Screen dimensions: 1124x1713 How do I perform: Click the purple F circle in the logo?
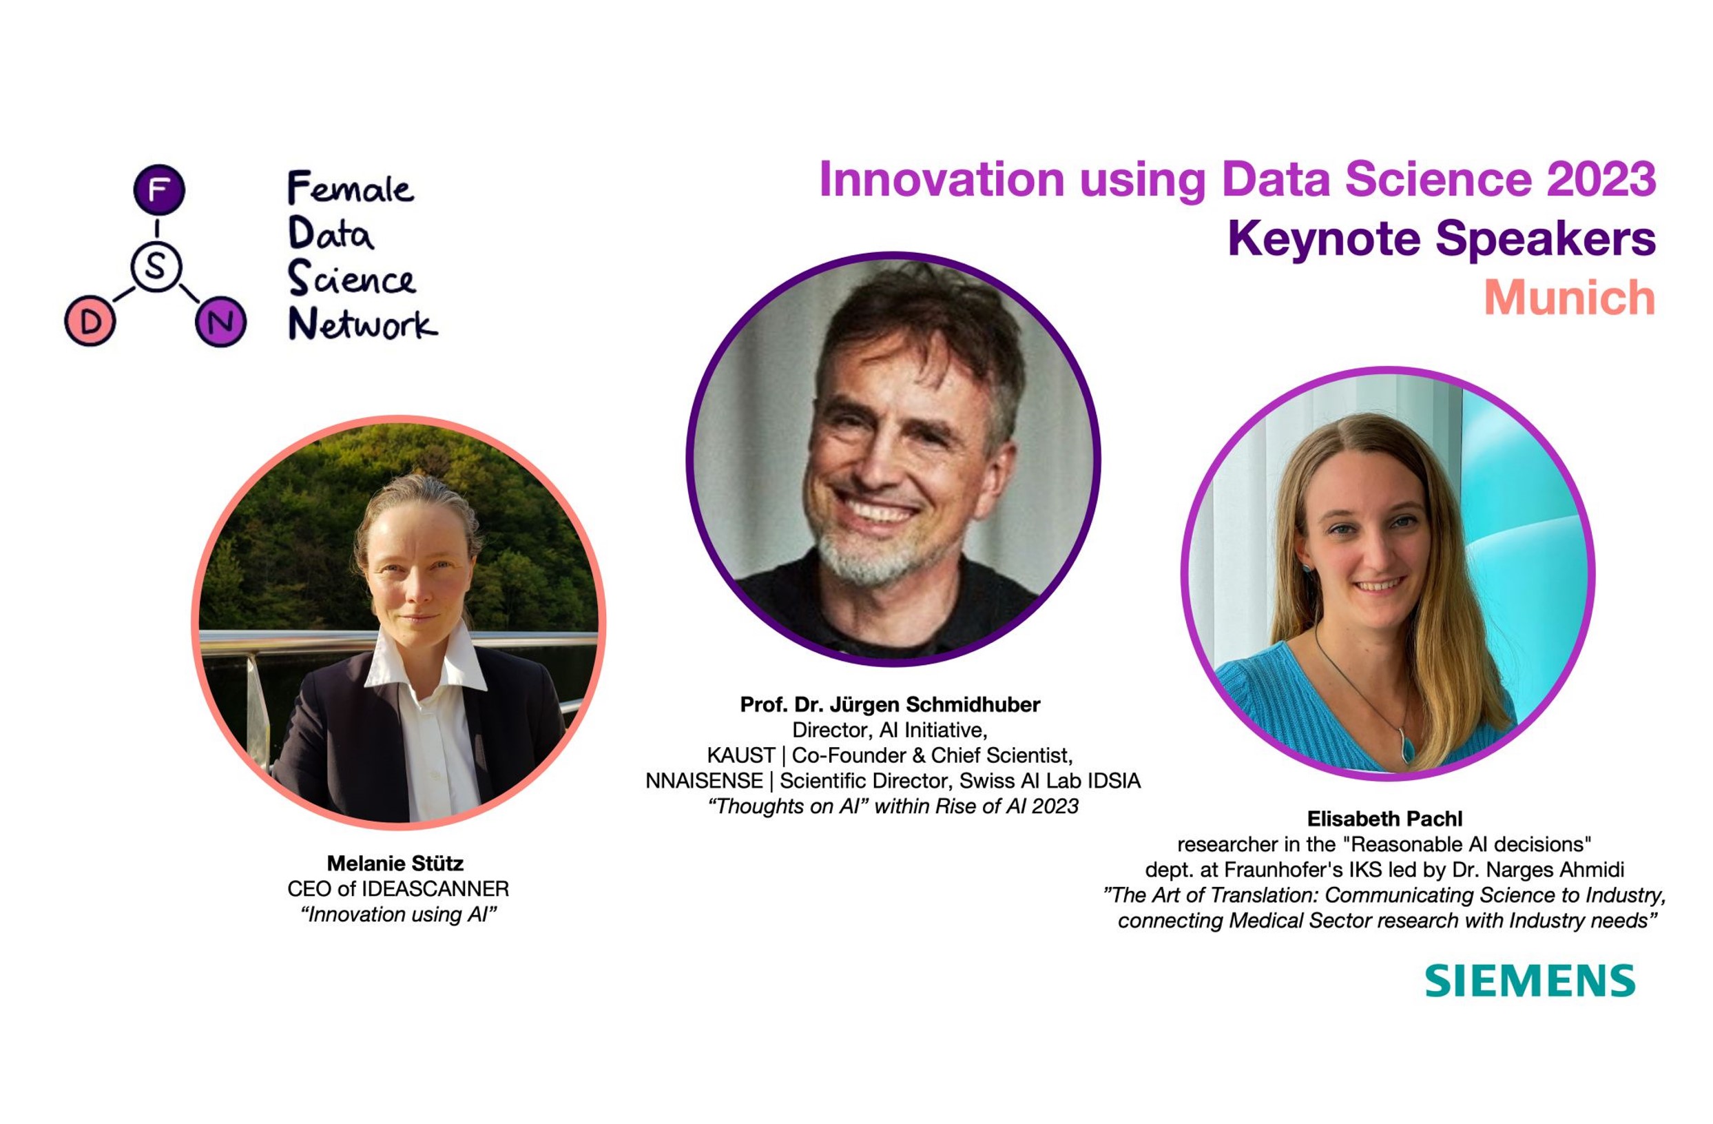[159, 190]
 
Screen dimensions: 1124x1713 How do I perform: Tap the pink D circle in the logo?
[90, 322]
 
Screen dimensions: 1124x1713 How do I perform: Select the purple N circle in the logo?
[220, 321]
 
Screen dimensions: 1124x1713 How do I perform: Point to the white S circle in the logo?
[156, 267]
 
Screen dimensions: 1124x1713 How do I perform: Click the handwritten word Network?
[362, 324]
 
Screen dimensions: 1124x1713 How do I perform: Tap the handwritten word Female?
[350, 188]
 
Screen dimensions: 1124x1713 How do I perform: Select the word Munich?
[1569, 298]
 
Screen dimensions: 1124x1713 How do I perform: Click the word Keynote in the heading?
[1323, 238]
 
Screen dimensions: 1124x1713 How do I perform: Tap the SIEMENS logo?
[1530, 981]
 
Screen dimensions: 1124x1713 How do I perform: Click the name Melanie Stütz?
[395, 863]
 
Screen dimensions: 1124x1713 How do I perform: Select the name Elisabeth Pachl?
[1384, 819]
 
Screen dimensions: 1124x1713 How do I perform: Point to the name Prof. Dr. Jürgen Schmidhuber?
[890, 704]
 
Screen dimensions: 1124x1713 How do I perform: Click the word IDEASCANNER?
[435, 888]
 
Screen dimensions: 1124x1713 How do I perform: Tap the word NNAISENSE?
[704, 781]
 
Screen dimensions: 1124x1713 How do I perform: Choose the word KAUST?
[740, 755]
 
